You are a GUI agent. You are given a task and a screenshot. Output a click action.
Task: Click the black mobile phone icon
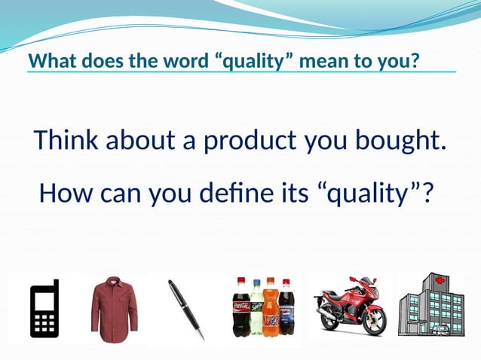tap(44, 309)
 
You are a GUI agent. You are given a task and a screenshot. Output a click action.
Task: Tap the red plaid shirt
tap(115, 309)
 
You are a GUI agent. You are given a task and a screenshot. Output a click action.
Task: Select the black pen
tap(185, 309)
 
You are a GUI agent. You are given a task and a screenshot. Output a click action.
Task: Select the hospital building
tap(430, 305)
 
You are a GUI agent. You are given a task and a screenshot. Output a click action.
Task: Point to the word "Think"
tap(66, 141)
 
